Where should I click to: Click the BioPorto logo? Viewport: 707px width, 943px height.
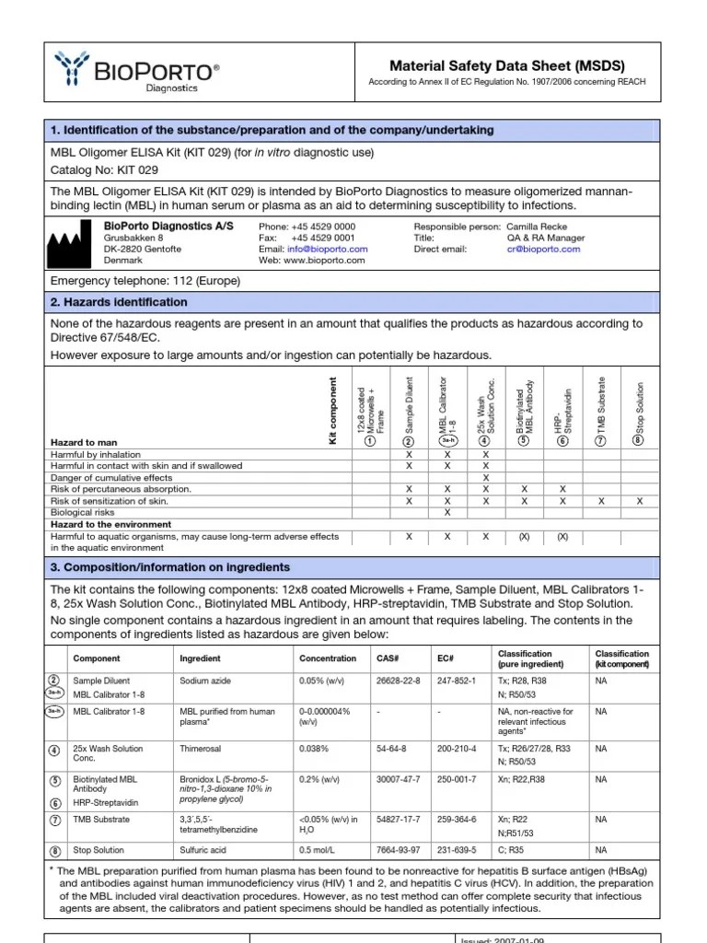pos(138,72)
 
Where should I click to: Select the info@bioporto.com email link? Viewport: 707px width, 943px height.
pos(327,249)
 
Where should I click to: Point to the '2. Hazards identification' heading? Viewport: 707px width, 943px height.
pos(119,302)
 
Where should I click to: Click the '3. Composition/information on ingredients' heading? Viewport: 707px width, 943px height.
pos(169,567)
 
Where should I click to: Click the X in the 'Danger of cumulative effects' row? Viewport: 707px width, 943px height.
pos(486,478)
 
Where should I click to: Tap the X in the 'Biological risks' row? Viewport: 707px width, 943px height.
pos(447,512)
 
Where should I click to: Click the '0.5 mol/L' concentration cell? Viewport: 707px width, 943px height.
pos(319,850)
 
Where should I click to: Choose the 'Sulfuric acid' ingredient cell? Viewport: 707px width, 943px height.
pos(204,850)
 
